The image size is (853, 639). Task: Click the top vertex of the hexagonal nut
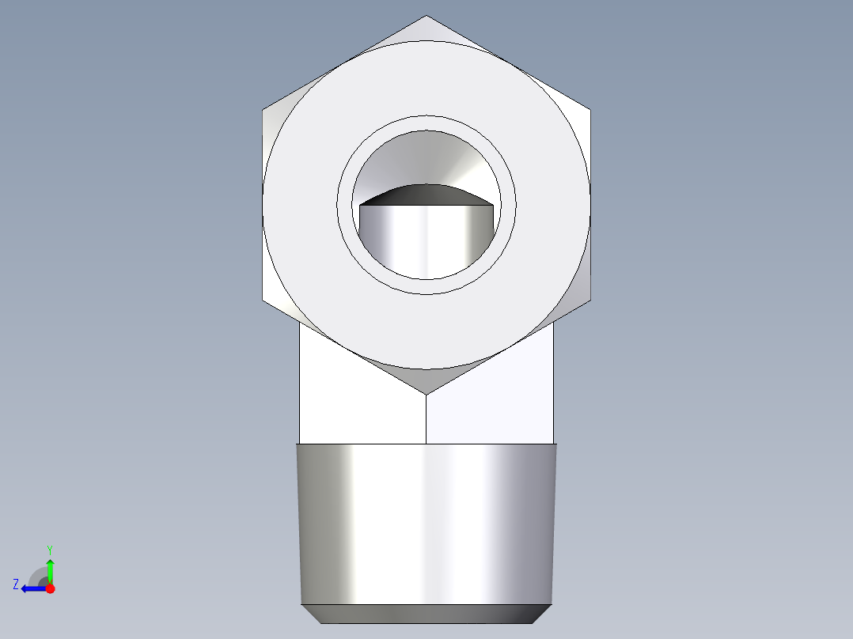426,17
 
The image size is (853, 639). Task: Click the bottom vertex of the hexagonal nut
426,393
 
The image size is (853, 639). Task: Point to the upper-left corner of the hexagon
263,109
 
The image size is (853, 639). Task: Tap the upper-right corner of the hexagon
590,109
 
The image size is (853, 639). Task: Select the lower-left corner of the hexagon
263,301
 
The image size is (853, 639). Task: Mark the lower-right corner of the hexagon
590,301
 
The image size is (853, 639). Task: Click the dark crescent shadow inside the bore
426,195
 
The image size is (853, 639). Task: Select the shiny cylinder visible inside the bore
426,241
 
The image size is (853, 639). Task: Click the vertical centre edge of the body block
426,419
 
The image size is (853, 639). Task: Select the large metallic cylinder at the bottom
426,522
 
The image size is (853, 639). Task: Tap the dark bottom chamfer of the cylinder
426,613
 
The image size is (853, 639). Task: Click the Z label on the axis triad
16,584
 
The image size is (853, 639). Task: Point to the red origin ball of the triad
50,588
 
